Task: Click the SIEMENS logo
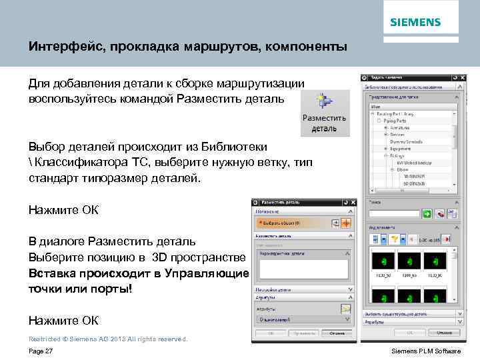click(x=415, y=22)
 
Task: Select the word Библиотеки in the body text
click(x=233, y=146)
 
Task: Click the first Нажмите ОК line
click(x=63, y=210)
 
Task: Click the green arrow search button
click(x=426, y=214)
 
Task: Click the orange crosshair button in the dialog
click(x=345, y=223)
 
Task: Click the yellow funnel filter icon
click(x=395, y=239)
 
